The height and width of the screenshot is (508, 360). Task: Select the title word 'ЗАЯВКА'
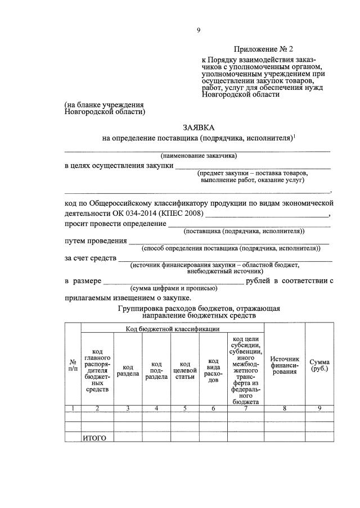[198, 128]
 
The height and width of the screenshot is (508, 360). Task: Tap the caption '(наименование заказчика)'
[199, 156]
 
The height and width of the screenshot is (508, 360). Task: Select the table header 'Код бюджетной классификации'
[172, 328]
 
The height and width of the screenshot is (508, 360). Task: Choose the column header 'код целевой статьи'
[184, 369]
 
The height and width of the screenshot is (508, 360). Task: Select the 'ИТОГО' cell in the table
[94, 438]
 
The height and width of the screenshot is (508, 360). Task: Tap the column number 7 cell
[245, 409]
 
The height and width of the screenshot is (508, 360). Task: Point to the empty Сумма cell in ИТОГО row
[319, 438]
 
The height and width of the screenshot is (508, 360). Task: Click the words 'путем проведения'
[95, 241]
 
